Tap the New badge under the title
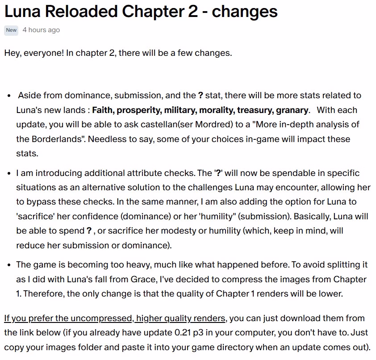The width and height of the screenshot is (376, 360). (x=11, y=30)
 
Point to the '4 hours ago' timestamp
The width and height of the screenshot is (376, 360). (x=41, y=30)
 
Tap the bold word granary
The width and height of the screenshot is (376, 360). (x=293, y=110)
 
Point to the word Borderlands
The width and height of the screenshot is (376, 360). (x=58, y=139)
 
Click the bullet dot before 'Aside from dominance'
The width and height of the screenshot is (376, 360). (x=10, y=96)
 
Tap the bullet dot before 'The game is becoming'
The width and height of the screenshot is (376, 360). (x=10, y=265)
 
